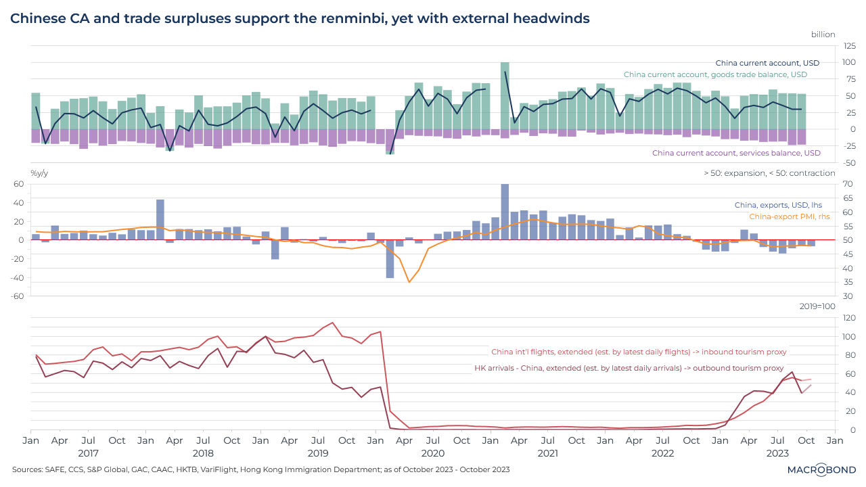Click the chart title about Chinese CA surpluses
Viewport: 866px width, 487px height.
tap(300, 19)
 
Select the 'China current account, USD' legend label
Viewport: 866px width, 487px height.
tap(767, 63)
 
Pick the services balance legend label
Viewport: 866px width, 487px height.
tap(736, 153)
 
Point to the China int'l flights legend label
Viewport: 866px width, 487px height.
tap(639, 352)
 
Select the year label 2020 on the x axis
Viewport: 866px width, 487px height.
tap(432, 453)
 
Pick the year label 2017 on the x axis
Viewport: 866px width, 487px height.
tap(88, 453)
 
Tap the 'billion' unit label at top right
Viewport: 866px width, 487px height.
tap(823, 34)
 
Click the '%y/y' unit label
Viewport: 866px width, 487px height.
tap(39, 173)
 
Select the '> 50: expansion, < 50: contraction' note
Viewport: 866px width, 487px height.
tap(769, 173)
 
